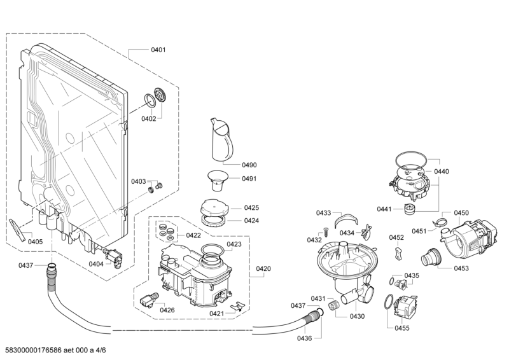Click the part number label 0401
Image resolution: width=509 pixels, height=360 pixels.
pyautogui.click(x=158, y=50)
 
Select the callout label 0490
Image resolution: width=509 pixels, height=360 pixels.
pyautogui.click(x=249, y=165)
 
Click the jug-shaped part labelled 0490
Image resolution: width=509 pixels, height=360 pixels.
pyautogui.click(x=221, y=139)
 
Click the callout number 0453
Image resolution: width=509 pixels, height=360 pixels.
pyautogui.click(x=461, y=268)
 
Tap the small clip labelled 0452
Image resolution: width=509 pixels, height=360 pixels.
pyautogui.click(x=399, y=253)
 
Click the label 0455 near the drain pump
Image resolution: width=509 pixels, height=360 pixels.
pyautogui.click(x=402, y=328)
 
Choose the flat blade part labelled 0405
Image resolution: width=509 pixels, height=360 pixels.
pyautogui.click(x=17, y=230)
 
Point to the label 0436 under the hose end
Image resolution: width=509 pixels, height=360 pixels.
pyautogui.click(x=305, y=338)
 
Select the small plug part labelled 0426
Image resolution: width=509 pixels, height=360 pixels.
pyautogui.click(x=150, y=299)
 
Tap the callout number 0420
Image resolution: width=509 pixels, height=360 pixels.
pyautogui.click(x=263, y=268)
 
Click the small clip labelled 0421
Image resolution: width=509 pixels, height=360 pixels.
pyautogui.click(x=237, y=307)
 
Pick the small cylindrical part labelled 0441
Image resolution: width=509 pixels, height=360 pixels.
pyautogui.click(x=410, y=209)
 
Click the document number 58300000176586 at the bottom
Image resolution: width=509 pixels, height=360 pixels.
pyautogui.click(x=34, y=350)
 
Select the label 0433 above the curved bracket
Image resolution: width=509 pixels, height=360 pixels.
pyautogui.click(x=324, y=213)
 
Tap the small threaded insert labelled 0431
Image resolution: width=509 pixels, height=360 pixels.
pyautogui.click(x=333, y=306)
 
